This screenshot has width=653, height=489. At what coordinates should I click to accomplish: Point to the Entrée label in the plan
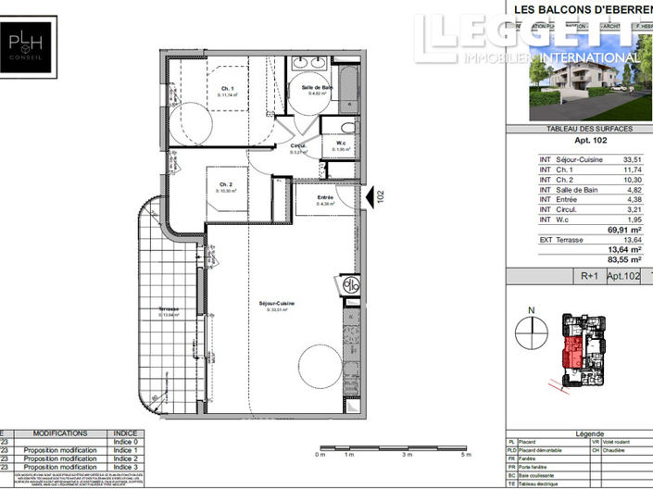(325, 197)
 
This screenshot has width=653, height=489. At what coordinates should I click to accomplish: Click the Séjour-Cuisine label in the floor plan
(273, 306)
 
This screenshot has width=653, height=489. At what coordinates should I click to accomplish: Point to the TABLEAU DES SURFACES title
(577, 129)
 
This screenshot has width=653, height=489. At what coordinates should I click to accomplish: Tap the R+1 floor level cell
(588, 276)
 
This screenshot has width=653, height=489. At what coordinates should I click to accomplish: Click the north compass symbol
(531, 329)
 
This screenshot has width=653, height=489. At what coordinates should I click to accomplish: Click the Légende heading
(588, 433)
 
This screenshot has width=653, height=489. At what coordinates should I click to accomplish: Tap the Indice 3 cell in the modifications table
(124, 467)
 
